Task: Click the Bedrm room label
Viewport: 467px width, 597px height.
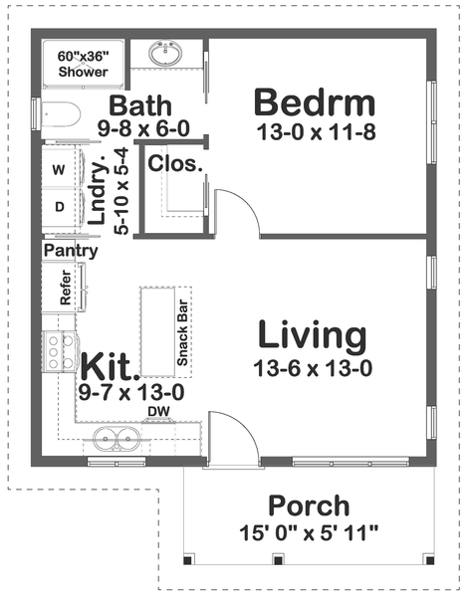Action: (x=314, y=102)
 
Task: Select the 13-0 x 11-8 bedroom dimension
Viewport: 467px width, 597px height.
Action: (x=314, y=133)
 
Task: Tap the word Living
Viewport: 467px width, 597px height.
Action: (x=313, y=335)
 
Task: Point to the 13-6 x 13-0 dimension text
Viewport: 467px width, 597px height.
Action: (x=313, y=368)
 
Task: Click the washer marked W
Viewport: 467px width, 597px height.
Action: (x=58, y=170)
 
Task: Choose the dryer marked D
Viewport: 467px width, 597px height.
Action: (x=58, y=207)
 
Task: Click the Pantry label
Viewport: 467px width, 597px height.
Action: (x=71, y=251)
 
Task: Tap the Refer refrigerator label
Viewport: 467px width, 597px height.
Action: (x=66, y=288)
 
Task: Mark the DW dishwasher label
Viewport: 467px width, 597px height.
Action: (x=157, y=411)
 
